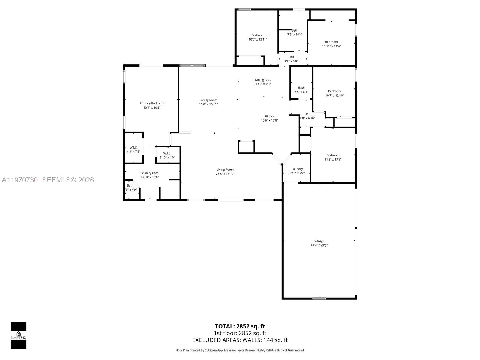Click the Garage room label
(x=319, y=241)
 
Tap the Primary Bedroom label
(x=152, y=103)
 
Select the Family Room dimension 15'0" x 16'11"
(x=208, y=104)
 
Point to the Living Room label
(x=225, y=169)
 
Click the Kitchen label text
(x=269, y=116)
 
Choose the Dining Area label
(x=263, y=80)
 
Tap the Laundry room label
(x=297, y=169)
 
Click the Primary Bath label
(x=149, y=173)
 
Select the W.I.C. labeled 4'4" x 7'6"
(x=133, y=149)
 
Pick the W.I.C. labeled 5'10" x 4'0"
(x=167, y=155)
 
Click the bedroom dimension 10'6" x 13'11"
(x=258, y=39)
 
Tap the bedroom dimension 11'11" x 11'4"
(x=331, y=46)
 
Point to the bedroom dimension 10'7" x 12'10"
(x=334, y=95)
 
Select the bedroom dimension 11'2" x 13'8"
(x=333, y=159)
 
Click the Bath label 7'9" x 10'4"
(x=295, y=32)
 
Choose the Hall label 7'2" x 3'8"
(x=291, y=59)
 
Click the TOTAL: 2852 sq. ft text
(x=240, y=326)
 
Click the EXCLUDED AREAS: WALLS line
(x=240, y=340)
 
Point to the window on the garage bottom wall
(x=319, y=298)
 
